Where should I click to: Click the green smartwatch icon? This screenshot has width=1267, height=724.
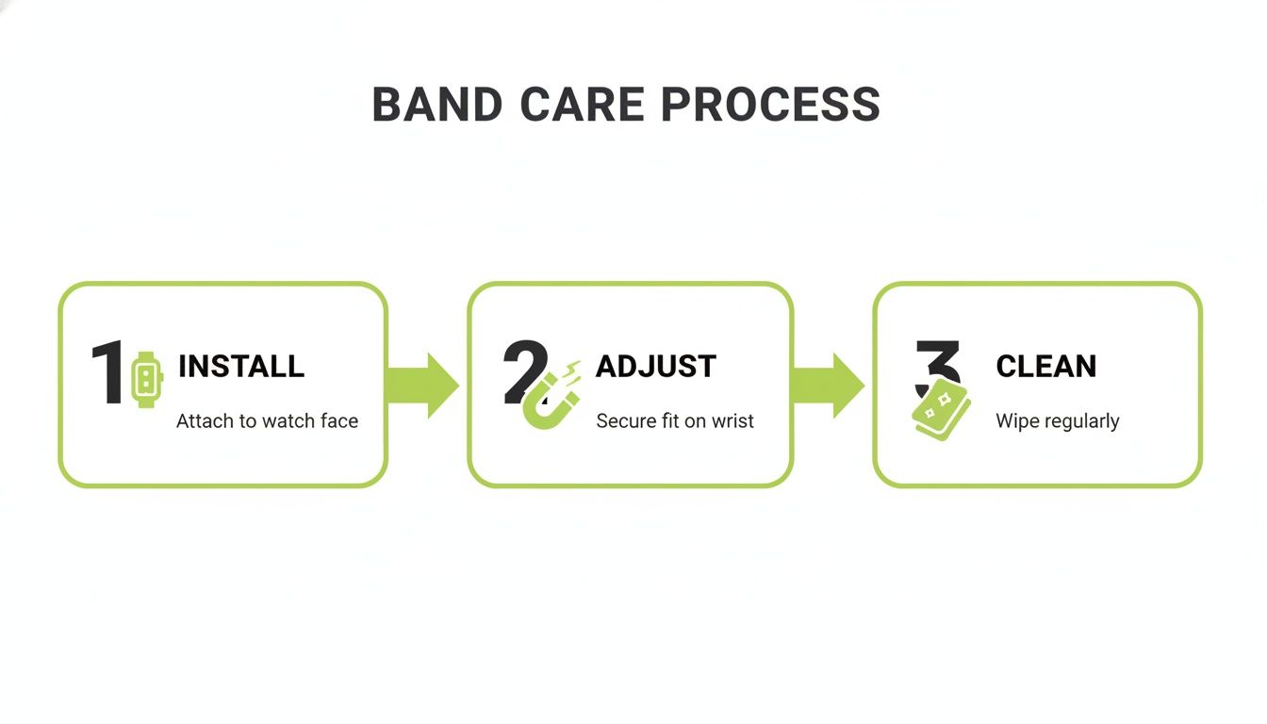(x=145, y=379)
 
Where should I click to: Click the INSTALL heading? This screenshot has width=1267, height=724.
(x=240, y=366)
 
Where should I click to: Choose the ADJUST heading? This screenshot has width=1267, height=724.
(x=656, y=366)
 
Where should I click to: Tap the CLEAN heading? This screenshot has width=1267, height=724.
(x=1045, y=366)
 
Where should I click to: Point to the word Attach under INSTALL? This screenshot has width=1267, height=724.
(x=205, y=420)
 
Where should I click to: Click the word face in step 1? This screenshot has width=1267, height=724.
(x=338, y=420)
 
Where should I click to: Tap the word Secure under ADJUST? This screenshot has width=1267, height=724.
(x=624, y=420)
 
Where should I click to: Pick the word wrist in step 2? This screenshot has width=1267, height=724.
(x=732, y=420)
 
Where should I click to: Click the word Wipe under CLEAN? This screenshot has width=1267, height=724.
(x=1016, y=420)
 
